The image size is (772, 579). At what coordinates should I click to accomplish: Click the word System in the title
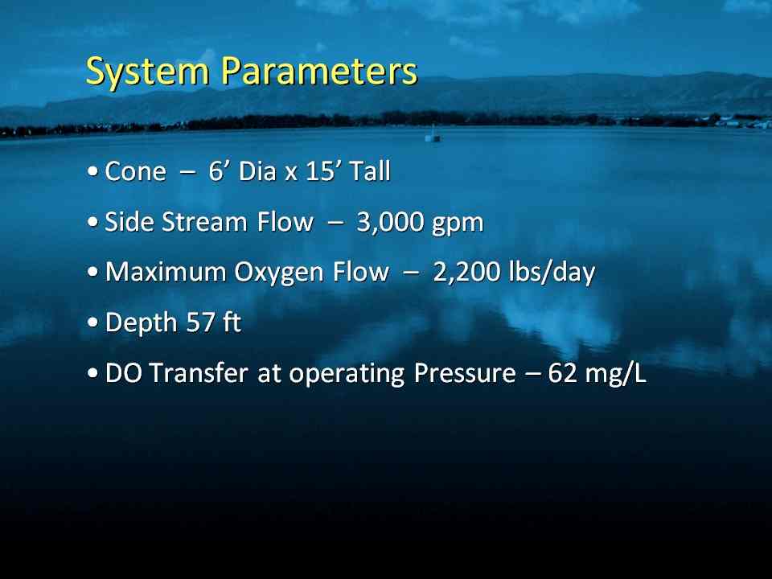pyautogui.click(x=148, y=72)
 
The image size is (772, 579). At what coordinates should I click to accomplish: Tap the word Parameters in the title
pyautogui.click(x=319, y=71)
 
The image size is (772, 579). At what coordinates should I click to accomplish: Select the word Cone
pyautogui.click(x=135, y=171)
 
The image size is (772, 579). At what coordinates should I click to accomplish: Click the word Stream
pyautogui.click(x=204, y=222)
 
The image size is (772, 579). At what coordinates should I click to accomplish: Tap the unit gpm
pyautogui.click(x=458, y=224)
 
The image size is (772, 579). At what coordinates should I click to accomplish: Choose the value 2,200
pyautogui.click(x=466, y=273)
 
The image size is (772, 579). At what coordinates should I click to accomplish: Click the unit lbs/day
pyautogui.click(x=552, y=273)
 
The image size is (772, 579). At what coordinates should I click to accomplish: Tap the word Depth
pyautogui.click(x=142, y=323)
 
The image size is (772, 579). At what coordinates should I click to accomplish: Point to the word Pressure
pyautogui.click(x=465, y=372)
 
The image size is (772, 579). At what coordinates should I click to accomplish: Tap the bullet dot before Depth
pyautogui.click(x=92, y=323)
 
